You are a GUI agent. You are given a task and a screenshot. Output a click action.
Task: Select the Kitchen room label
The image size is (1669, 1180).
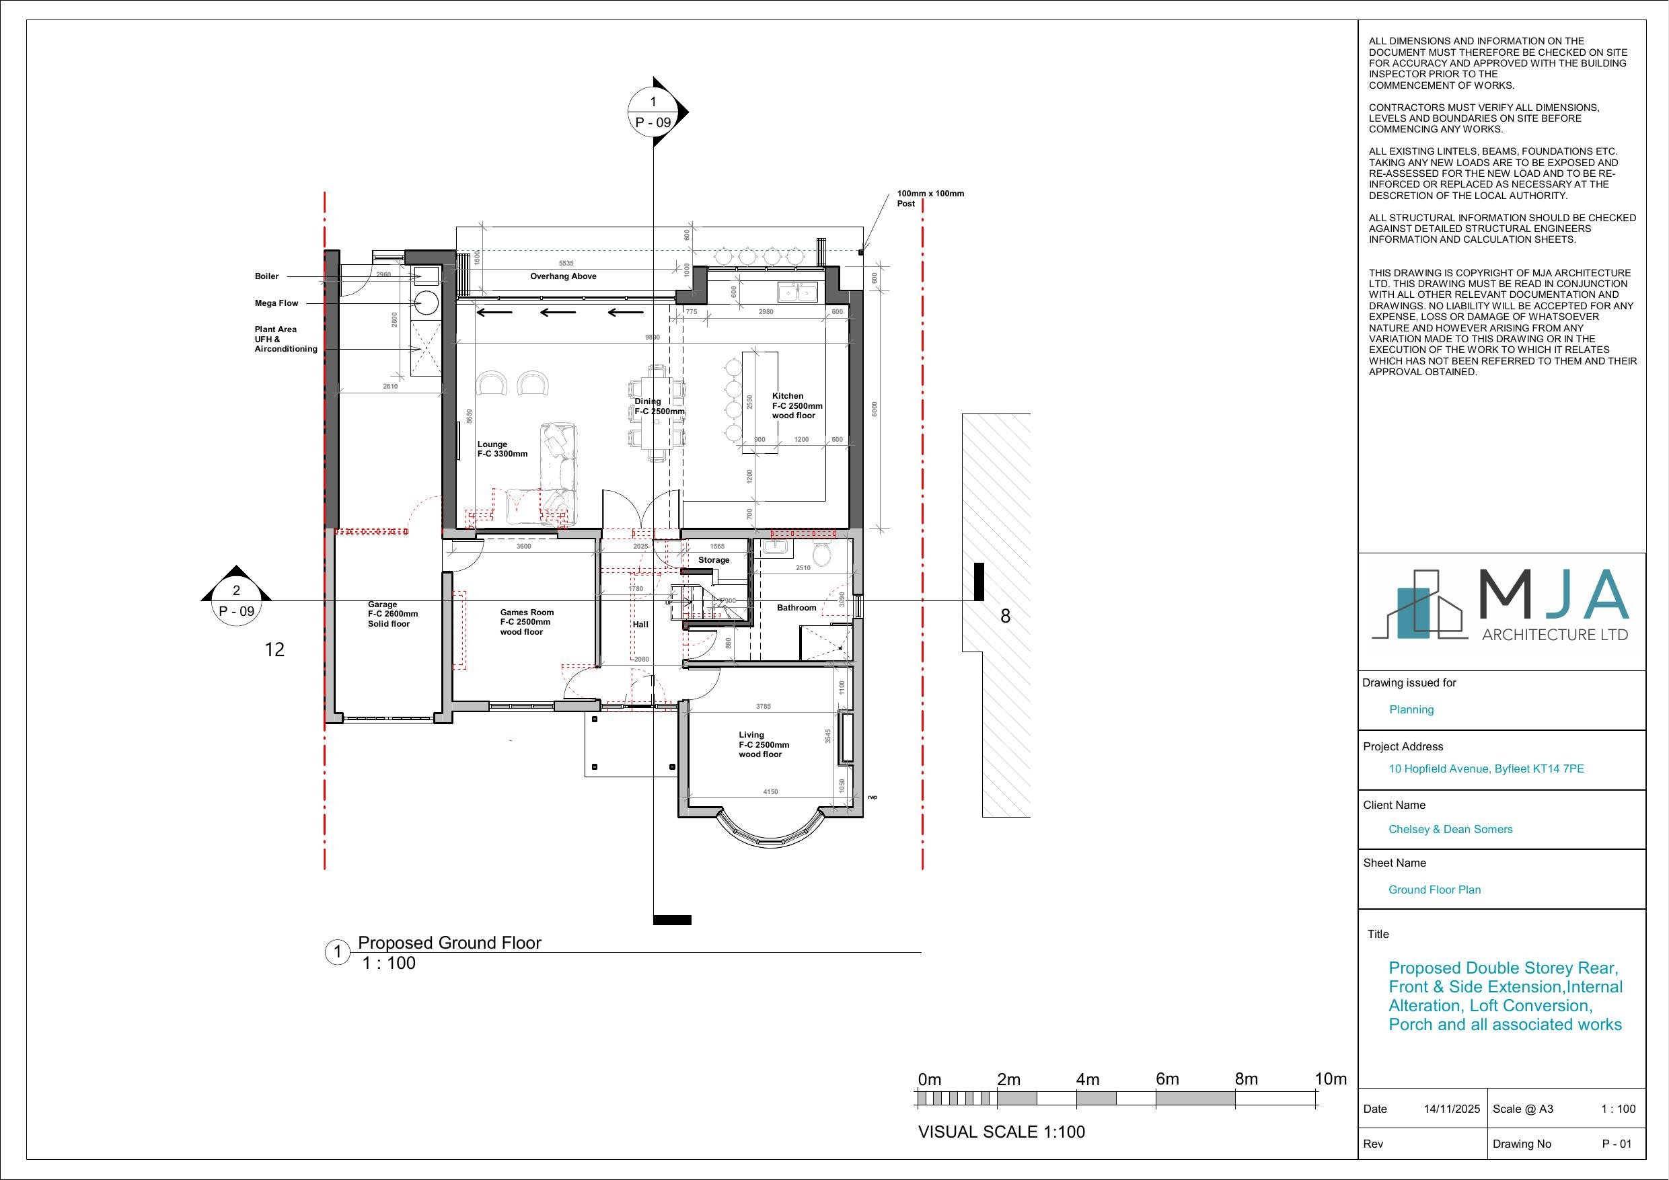click(787, 396)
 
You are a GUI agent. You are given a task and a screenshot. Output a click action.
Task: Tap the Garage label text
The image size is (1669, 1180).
click(382, 604)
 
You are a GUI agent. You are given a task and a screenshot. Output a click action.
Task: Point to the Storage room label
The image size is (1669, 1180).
click(713, 560)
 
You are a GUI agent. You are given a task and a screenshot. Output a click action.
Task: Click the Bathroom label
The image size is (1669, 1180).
click(796, 607)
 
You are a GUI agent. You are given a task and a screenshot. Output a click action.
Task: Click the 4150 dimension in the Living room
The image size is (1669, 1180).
click(770, 791)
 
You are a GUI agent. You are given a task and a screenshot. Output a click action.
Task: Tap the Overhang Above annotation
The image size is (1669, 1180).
click(562, 276)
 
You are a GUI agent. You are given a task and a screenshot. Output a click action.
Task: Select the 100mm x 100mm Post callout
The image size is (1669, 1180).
click(930, 198)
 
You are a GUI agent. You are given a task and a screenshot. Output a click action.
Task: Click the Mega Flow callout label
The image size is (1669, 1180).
click(276, 303)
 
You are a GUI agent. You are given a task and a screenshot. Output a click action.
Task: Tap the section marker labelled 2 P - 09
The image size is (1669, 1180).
click(236, 601)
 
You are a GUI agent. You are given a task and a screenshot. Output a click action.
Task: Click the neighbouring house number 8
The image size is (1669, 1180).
click(1004, 616)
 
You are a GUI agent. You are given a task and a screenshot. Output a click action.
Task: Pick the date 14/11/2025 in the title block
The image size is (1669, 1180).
click(1451, 1109)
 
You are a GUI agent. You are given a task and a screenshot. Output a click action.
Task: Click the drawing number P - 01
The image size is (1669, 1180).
click(1617, 1144)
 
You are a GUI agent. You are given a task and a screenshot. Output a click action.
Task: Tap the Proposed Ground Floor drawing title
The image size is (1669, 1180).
click(449, 943)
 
